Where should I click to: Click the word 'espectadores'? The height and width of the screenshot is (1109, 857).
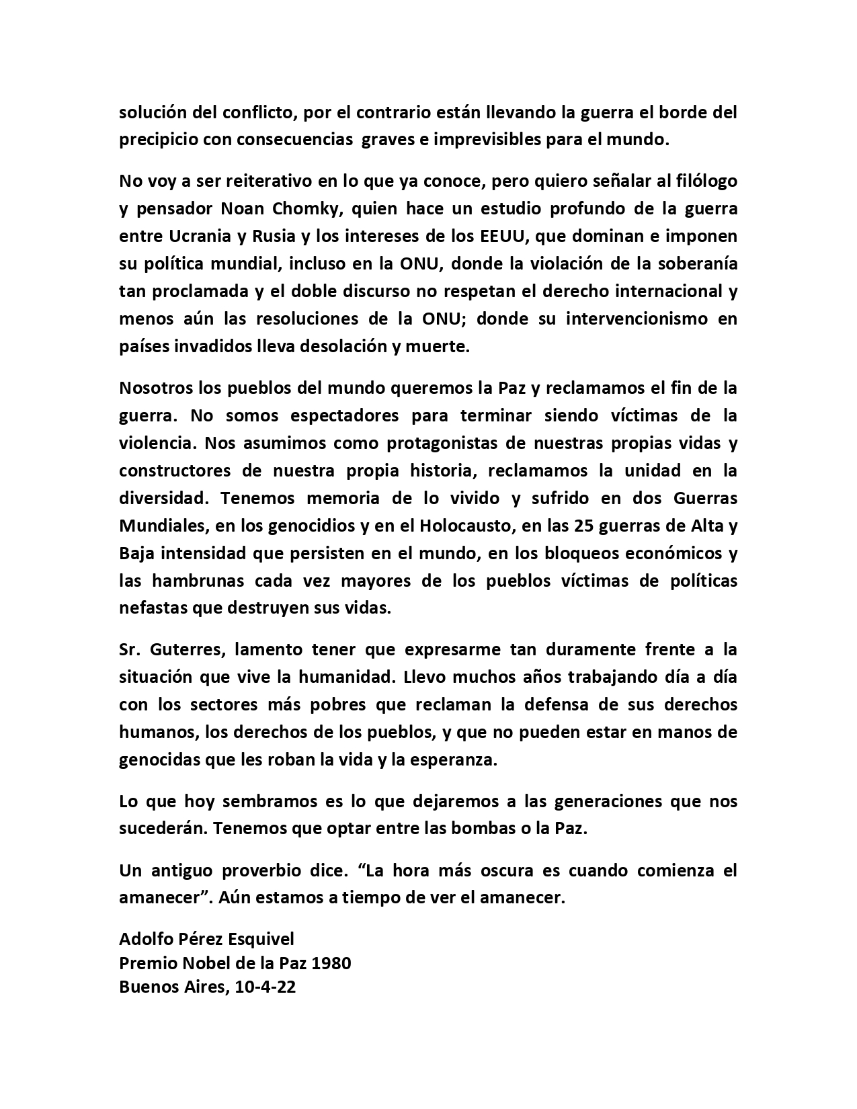point(342,415)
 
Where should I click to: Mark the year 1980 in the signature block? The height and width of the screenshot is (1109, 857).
point(331,963)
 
